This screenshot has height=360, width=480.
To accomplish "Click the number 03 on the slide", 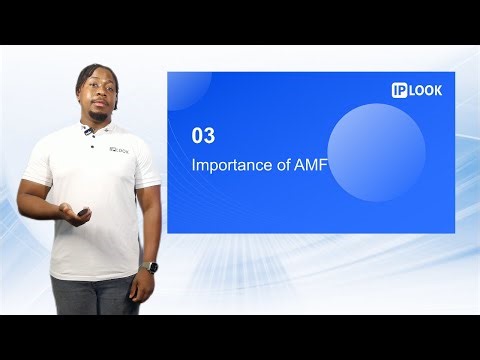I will pyautogui.click(x=202, y=135).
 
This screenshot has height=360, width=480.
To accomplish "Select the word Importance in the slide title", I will pyautogui.click(x=229, y=166).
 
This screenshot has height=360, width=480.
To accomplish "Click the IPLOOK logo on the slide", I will pyautogui.click(x=417, y=90).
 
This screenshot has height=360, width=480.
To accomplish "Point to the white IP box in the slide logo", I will pyautogui.click(x=401, y=90).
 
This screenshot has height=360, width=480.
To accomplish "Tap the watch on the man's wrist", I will pyautogui.click(x=151, y=267).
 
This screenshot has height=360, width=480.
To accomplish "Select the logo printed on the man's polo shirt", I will pyautogui.click(x=117, y=152).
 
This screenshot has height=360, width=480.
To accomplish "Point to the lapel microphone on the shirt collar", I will pyautogui.click(x=90, y=131).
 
